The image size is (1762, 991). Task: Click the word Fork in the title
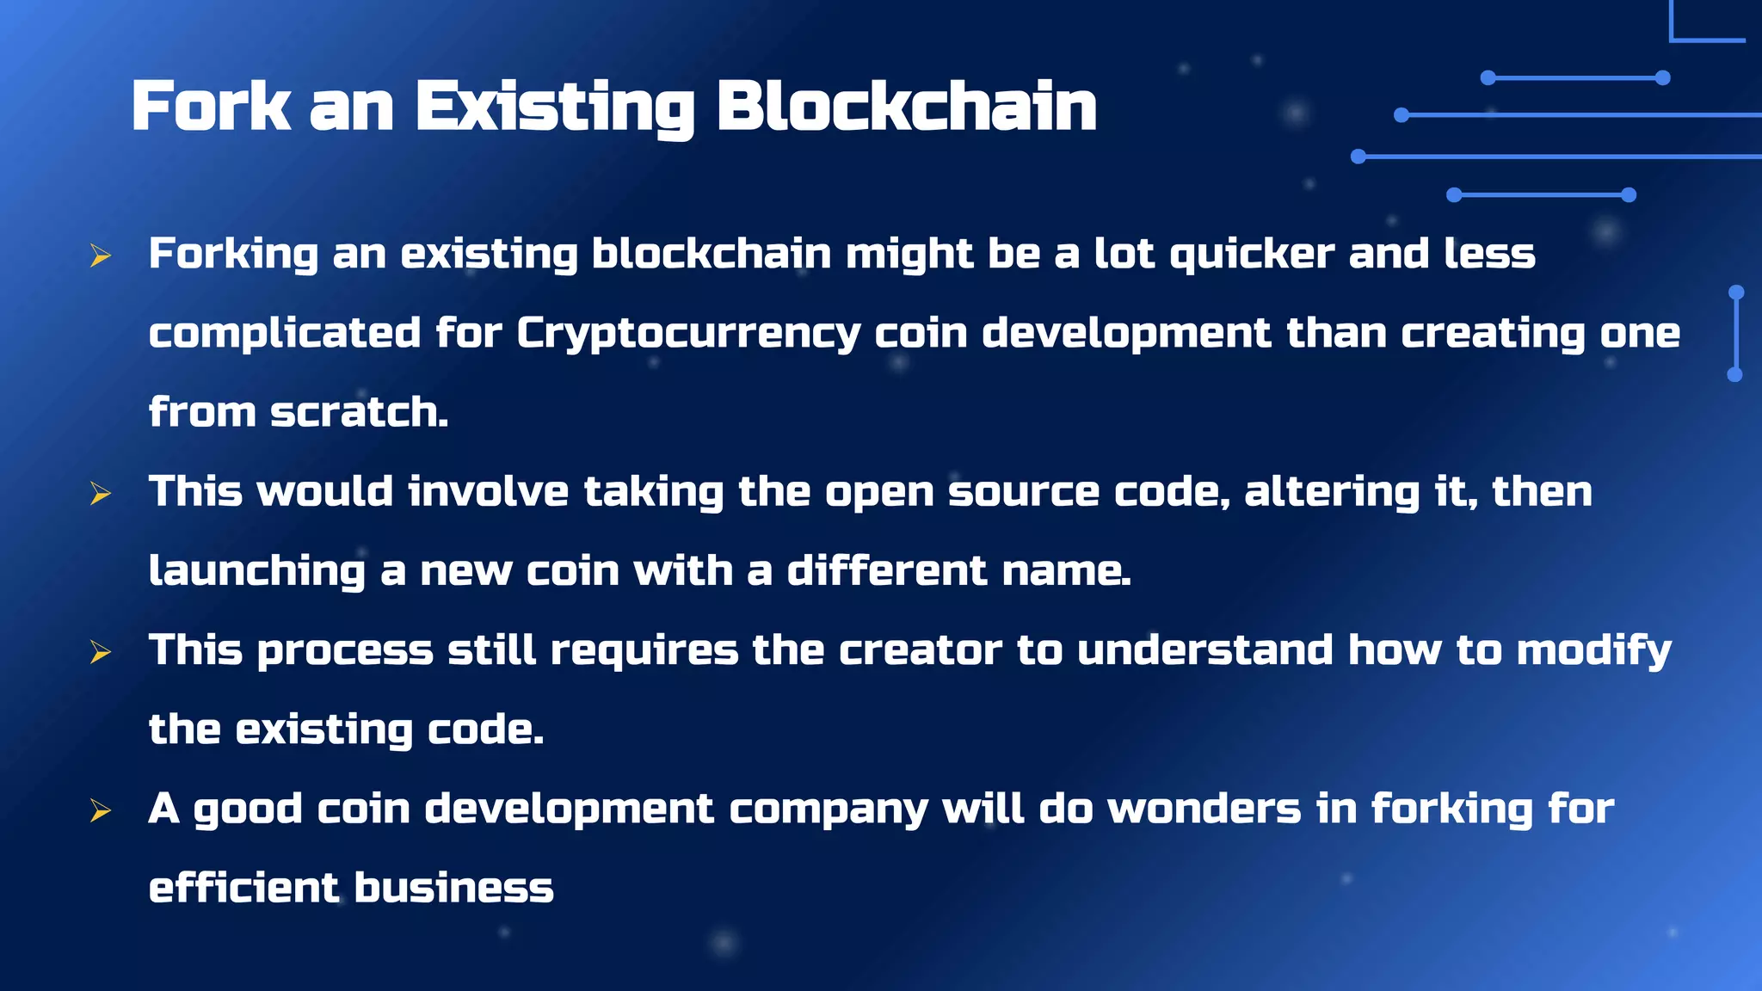211,107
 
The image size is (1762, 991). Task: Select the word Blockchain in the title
907,107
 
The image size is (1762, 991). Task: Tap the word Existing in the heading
555,108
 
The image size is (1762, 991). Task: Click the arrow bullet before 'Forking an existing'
101,255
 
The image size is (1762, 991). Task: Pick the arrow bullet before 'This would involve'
101,493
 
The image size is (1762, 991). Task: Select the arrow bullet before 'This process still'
101,652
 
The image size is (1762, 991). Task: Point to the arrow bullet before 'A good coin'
101,810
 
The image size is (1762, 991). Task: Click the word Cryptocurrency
688,334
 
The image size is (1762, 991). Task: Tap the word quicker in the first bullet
1252,255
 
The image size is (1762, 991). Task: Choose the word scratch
359,413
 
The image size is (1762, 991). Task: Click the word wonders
1204,809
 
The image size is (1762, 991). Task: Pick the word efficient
244,889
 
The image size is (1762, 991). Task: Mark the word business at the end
453,889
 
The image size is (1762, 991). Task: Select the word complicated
285,334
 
